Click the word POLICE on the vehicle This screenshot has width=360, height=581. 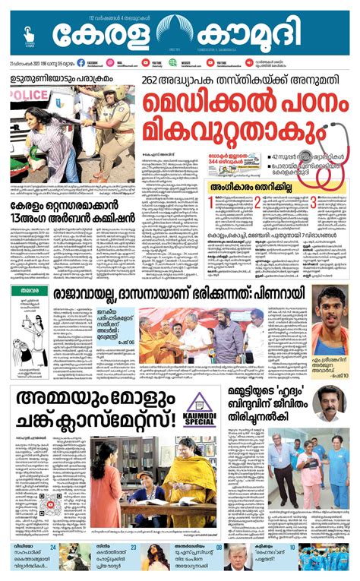tap(28, 94)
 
